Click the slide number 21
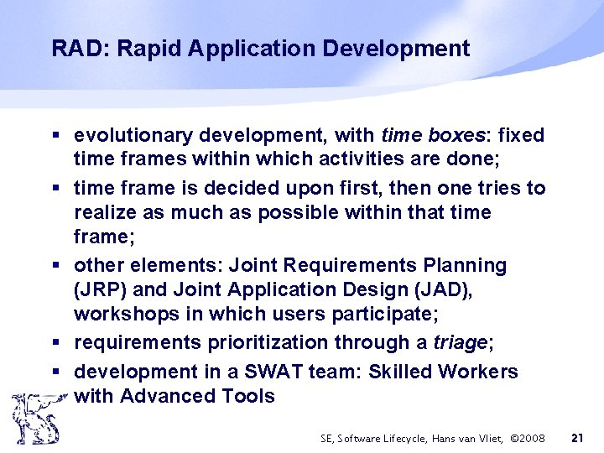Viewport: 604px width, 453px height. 577,438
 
